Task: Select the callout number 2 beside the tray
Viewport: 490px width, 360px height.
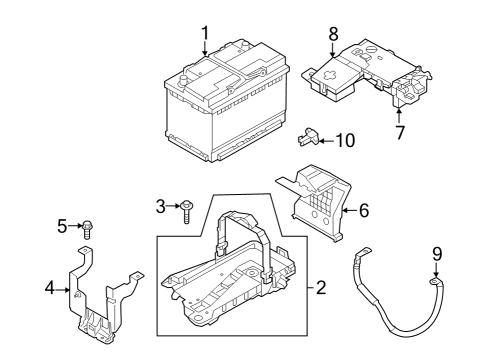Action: click(x=320, y=288)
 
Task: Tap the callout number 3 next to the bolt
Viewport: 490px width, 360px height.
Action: click(x=159, y=206)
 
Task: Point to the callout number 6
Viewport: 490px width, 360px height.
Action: click(x=363, y=211)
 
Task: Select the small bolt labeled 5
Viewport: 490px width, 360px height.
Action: click(x=87, y=227)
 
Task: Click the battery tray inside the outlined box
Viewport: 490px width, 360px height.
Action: click(x=230, y=275)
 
